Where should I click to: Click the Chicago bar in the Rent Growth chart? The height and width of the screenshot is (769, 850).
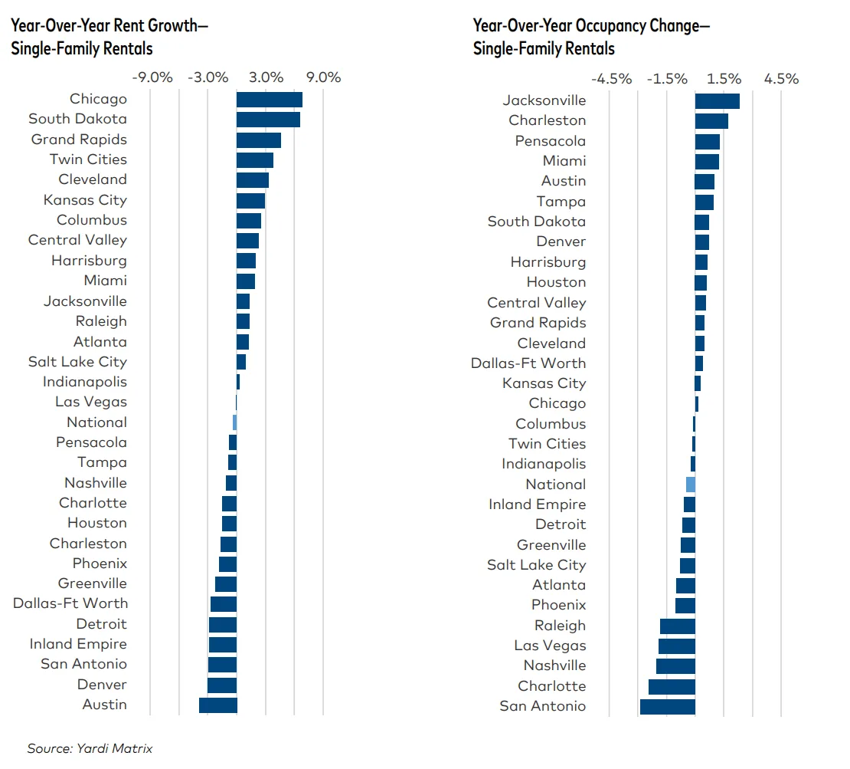[x=269, y=100]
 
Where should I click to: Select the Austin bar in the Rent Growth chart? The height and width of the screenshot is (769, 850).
[x=217, y=705]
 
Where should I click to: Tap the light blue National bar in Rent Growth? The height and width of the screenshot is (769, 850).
[x=234, y=422]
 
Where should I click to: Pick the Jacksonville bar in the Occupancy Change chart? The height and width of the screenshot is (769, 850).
[x=717, y=101]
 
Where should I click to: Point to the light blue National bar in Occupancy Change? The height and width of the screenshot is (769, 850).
[x=691, y=485]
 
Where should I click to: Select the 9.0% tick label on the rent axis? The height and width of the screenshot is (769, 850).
[x=323, y=77]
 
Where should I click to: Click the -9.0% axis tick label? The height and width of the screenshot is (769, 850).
[x=152, y=77]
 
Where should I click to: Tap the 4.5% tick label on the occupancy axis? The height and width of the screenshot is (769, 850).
[x=781, y=79]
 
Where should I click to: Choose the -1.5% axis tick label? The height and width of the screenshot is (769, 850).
[x=667, y=79]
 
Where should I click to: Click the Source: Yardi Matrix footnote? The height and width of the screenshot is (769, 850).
[x=90, y=748]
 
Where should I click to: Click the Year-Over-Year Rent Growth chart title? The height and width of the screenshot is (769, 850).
[x=109, y=37]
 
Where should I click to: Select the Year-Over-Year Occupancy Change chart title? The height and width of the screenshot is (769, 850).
[x=591, y=37]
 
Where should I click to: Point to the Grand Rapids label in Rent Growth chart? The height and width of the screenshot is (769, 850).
[x=79, y=140]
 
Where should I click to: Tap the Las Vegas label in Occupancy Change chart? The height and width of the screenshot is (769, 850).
[x=550, y=646]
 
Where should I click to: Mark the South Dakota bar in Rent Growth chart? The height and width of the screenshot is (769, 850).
[x=268, y=120]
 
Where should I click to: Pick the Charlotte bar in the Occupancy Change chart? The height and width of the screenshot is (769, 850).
[x=672, y=686]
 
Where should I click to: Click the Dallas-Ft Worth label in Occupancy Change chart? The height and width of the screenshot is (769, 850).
[x=528, y=363]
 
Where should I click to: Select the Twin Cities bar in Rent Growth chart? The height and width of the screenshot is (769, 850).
[x=254, y=160]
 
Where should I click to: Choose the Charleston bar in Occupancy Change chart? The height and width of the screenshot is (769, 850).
[x=711, y=121]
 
